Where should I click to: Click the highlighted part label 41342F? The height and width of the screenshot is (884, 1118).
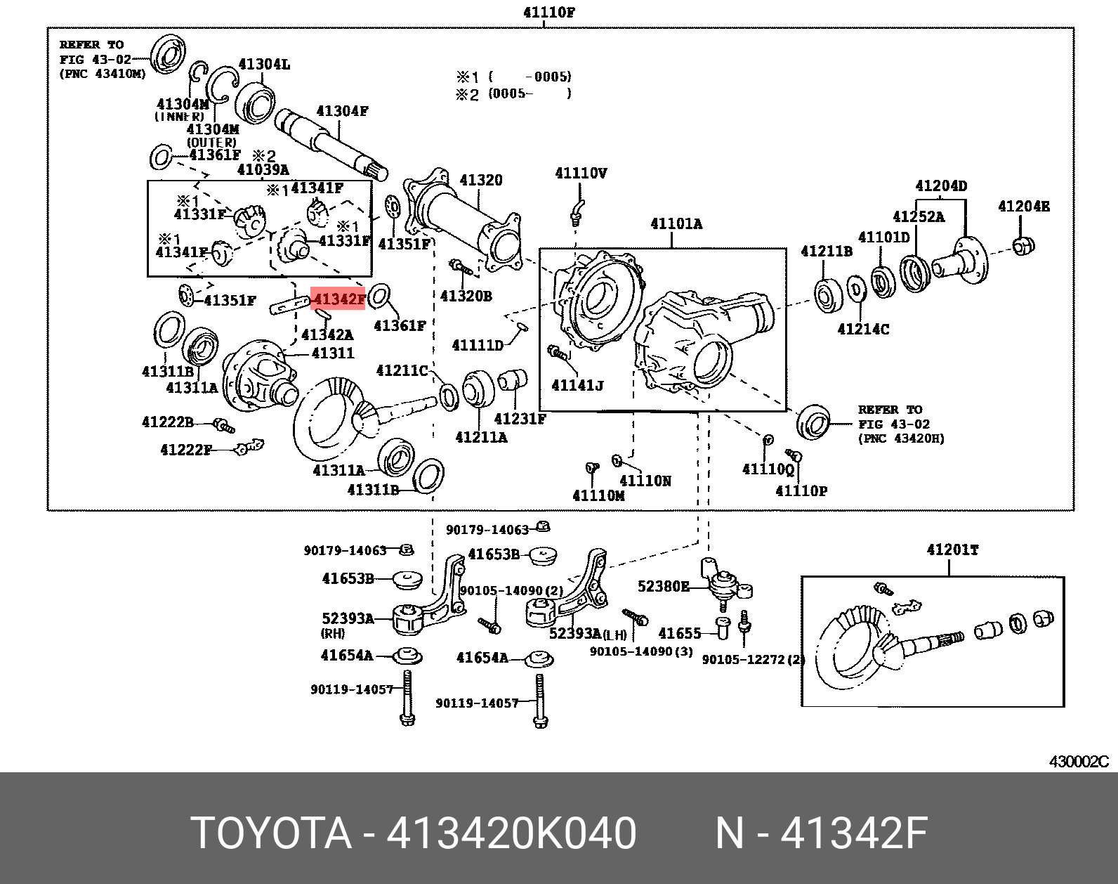[x=338, y=299]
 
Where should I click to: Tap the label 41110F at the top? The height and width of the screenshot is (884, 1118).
[x=549, y=12]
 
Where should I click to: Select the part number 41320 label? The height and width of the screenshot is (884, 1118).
[x=481, y=180]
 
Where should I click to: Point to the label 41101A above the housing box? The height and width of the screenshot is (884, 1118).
[x=676, y=224]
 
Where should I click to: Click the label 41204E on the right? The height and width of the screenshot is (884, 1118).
[x=1023, y=206]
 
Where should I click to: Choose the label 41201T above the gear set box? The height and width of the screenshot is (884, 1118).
[x=952, y=550]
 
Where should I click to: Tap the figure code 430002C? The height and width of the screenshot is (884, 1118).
[x=1079, y=762]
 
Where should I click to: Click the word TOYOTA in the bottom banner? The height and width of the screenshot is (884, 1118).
[x=271, y=833]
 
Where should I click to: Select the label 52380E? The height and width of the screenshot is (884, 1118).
[x=663, y=586]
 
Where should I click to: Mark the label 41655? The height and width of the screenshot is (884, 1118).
[x=679, y=633]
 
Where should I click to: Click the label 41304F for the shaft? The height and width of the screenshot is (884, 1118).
[x=342, y=111]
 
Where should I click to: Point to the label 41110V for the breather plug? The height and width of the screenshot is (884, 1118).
[x=581, y=173]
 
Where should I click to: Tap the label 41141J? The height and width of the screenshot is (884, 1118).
[x=577, y=385]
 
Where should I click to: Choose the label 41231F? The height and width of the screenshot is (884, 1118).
[x=520, y=419]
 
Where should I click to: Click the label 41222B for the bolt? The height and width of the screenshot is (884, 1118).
[x=167, y=422]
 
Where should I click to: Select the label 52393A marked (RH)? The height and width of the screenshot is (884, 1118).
[x=348, y=618]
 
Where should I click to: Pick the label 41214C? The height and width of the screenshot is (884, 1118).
[x=863, y=329]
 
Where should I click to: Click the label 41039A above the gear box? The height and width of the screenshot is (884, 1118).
[x=263, y=169]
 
